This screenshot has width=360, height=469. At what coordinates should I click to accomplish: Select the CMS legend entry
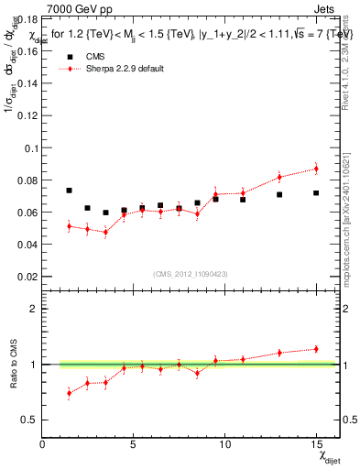96,56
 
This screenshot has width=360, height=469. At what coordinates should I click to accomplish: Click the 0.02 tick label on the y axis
27,276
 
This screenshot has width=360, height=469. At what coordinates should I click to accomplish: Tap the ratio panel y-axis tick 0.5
29,420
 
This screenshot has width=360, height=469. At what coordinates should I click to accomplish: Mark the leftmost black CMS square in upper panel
69,191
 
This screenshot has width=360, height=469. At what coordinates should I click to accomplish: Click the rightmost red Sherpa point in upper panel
315,169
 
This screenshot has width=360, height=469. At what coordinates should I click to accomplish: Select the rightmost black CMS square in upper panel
315,193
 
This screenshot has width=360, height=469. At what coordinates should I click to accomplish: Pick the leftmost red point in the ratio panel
69,393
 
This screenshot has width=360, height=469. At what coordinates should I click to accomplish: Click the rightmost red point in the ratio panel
315,348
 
